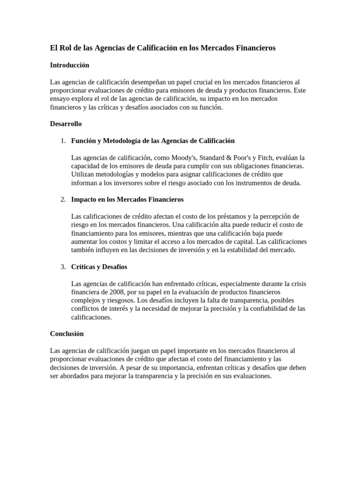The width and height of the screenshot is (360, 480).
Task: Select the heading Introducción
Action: (x=69, y=65)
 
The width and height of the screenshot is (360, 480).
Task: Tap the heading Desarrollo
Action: (x=66, y=124)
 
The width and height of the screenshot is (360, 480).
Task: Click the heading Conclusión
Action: (x=67, y=334)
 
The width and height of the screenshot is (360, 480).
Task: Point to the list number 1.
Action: (x=63, y=141)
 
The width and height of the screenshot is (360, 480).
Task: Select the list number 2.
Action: (x=63, y=199)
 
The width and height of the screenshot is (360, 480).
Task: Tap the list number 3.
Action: (x=63, y=267)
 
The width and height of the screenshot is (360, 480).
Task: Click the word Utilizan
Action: (x=82, y=174)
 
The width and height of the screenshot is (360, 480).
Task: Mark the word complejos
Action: (x=85, y=300)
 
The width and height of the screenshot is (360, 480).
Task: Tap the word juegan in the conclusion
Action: (x=144, y=351)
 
